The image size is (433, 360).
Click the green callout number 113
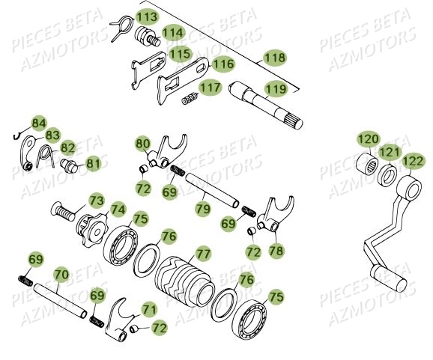(147, 16)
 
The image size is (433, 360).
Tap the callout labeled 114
(172, 33)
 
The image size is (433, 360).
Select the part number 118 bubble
(276, 58)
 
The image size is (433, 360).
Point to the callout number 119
(276, 90)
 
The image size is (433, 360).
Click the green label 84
(38, 123)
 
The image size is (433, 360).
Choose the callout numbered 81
(93, 162)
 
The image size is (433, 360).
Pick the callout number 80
(143, 142)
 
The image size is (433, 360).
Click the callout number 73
(97, 200)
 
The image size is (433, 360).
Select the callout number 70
(61, 275)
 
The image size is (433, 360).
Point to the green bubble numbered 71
(150, 308)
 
